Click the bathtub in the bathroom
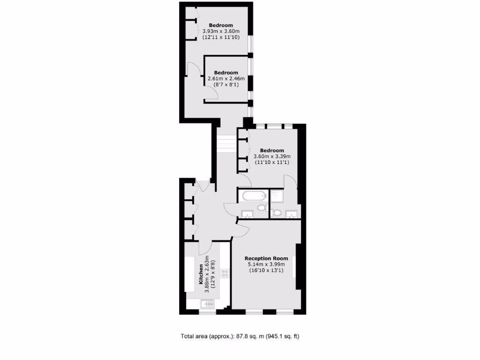coord(252,196)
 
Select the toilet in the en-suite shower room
coord(277,213)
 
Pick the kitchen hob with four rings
coord(225,274)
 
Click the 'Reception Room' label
coord(266,258)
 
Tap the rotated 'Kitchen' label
coord(201,274)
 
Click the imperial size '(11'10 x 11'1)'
coord(272,162)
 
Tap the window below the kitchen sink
coord(207,312)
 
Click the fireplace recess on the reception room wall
coord(294,273)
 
